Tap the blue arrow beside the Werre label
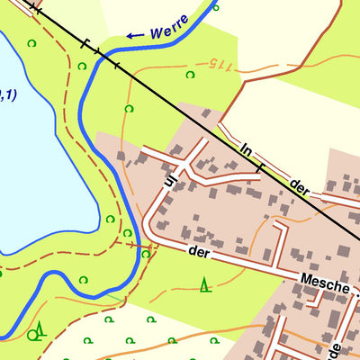(135, 36)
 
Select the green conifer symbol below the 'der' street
(206, 285)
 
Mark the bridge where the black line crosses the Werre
(99, 55)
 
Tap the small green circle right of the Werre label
(215, 7)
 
